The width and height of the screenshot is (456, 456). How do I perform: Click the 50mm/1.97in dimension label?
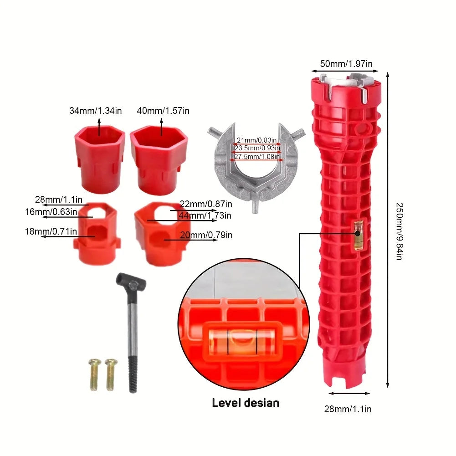tap(346, 64)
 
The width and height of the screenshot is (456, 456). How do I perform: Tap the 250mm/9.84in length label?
tap(400, 231)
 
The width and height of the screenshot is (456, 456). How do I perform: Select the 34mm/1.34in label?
tap(95, 111)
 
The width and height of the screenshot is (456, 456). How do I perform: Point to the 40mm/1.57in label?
tap(163, 111)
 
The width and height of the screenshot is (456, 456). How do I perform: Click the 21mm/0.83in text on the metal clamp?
tap(256, 140)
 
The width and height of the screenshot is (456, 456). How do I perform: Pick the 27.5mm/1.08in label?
tap(257, 156)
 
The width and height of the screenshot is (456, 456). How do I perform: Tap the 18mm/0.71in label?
tap(51, 231)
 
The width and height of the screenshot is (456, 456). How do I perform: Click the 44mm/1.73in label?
tap(205, 215)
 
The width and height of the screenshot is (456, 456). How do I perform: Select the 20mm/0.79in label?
tap(206, 235)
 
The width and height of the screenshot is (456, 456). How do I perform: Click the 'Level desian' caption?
tap(246, 403)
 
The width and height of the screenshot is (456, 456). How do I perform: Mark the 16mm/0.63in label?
tap(51, 212)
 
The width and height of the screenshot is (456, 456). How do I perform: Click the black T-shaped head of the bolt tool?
tap(131, 281)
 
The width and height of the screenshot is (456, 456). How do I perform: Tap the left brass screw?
tap(95, 374)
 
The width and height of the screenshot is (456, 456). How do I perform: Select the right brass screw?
tap(111, 374)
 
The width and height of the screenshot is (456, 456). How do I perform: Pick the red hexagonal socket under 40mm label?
tap(159, 160)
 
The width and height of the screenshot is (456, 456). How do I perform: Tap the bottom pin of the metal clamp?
tap(255, 206)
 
